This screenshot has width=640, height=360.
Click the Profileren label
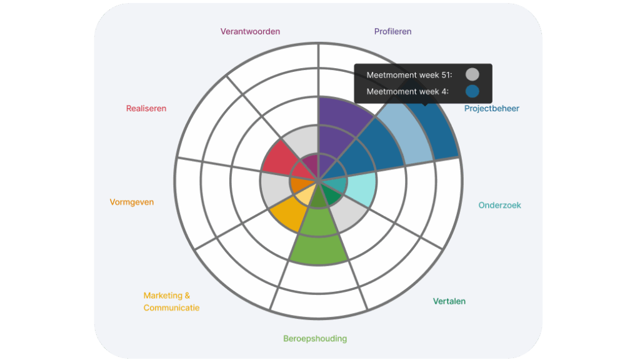point(392,31)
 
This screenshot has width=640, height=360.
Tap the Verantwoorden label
point(250,31)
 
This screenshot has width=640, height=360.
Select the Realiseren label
point(146,108)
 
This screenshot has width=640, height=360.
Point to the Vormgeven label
point(131,202)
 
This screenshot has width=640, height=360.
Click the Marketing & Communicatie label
point(171,301)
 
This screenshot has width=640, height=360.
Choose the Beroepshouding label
point(315,339)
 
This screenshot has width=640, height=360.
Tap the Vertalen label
point(449,301)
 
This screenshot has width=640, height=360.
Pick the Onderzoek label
point(499,205)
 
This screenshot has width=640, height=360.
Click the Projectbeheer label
point(491,108)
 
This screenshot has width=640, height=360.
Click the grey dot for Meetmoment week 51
point(472,75)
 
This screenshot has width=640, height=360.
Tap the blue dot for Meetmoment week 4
point(472,91)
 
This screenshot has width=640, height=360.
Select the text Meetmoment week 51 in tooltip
point(409,75)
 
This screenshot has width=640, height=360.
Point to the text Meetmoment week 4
point(407,91)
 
